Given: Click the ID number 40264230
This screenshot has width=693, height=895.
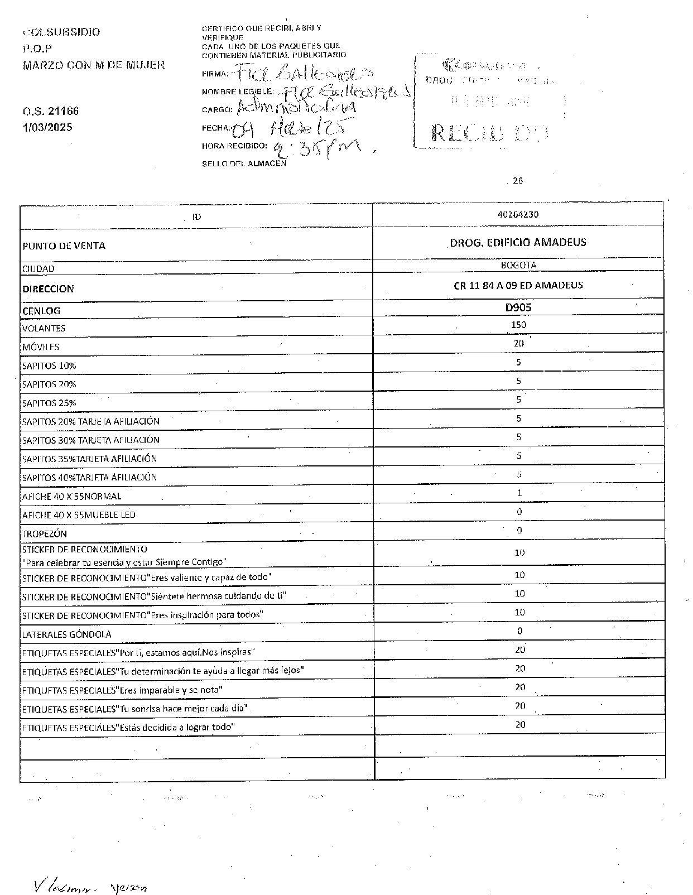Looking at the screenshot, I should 518,214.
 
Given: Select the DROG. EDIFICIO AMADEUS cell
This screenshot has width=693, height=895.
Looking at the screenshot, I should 518,243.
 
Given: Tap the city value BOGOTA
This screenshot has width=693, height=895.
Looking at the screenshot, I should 518,266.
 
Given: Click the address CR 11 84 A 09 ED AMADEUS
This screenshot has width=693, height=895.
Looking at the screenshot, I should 518,286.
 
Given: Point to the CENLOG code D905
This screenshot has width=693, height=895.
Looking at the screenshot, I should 518,307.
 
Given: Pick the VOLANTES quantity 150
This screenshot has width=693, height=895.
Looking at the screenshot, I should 518,325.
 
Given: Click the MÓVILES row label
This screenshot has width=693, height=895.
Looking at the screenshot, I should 41,347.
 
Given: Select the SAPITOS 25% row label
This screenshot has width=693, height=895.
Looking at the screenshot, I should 49,403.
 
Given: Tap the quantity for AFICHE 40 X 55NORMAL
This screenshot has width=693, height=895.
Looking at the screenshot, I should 519,493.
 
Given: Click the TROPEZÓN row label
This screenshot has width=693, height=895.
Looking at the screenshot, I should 45,534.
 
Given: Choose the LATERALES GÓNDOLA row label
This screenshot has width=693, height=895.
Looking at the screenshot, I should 66,634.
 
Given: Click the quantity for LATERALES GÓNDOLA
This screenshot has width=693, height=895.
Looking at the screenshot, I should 519,631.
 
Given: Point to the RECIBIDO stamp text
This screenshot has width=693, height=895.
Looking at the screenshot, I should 490,133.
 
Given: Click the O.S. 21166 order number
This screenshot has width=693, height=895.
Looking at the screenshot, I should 51,111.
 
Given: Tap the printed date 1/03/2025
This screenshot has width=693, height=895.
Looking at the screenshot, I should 47,127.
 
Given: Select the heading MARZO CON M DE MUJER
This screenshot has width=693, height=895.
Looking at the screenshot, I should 94,65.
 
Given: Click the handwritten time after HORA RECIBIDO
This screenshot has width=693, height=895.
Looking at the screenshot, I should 324,150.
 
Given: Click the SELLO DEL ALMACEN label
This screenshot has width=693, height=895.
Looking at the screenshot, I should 244,163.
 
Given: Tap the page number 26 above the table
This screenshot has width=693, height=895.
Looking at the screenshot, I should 518,180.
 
